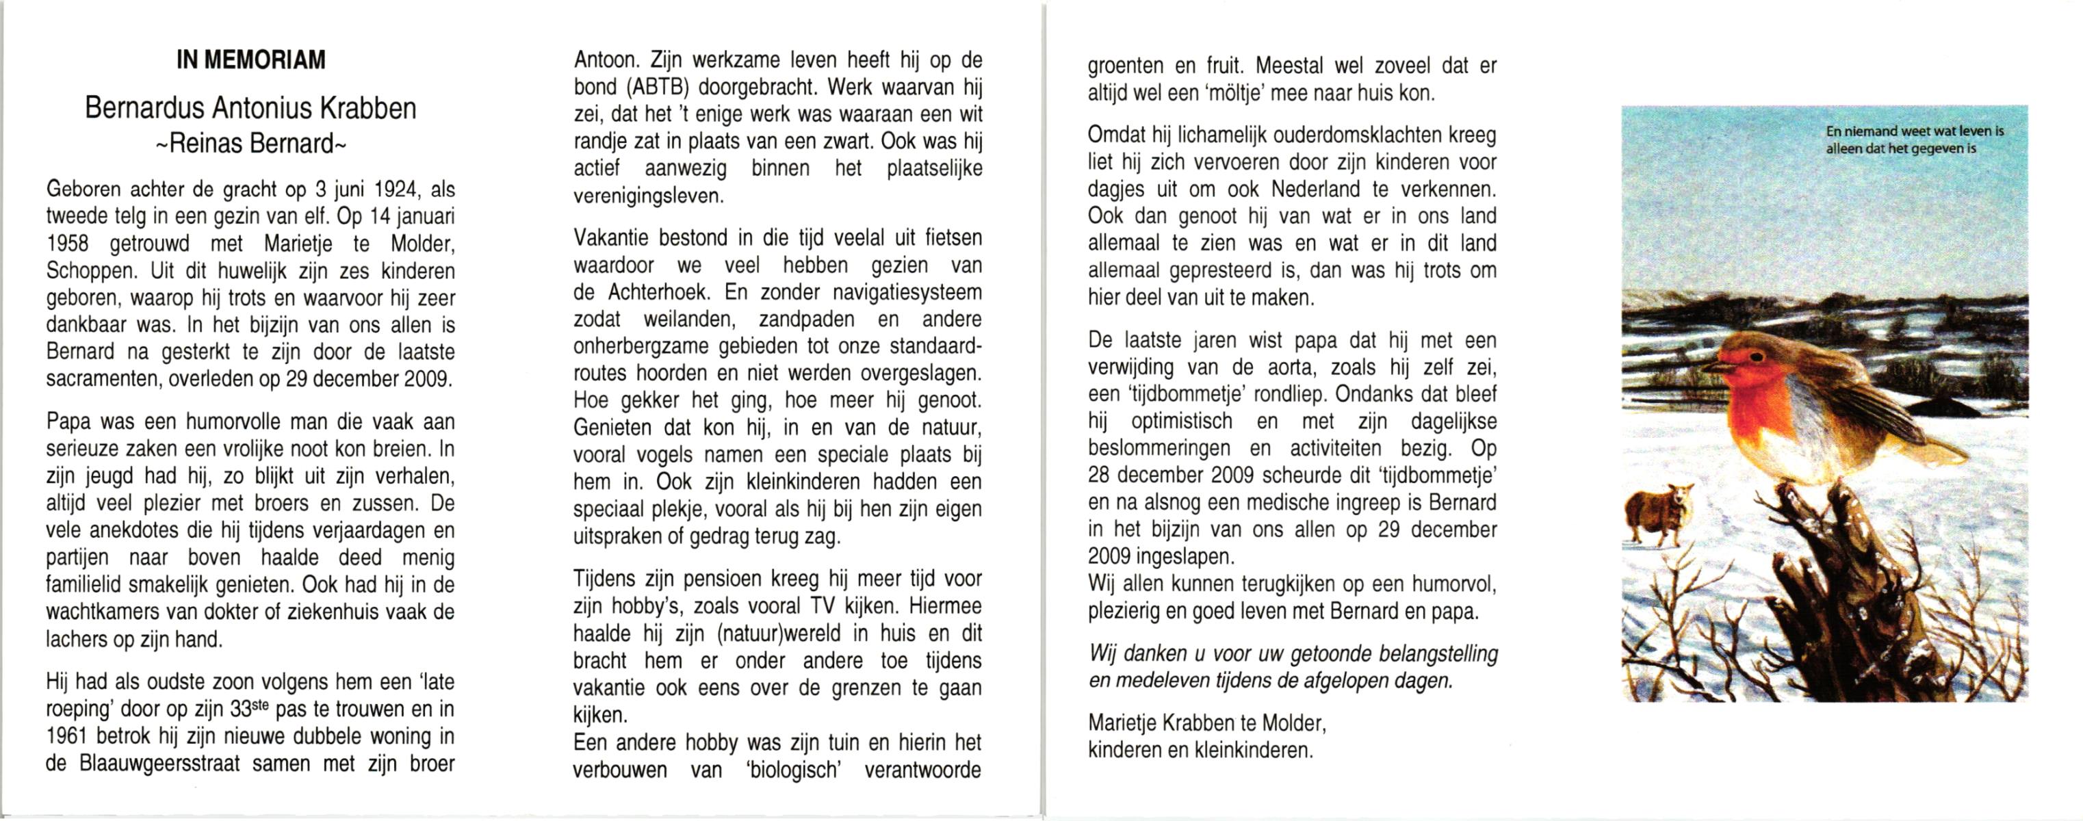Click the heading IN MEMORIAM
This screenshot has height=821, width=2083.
pos(250,60)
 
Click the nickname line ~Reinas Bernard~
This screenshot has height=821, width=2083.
pos(250,144)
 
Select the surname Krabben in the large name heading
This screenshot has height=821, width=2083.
pos(368,108)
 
